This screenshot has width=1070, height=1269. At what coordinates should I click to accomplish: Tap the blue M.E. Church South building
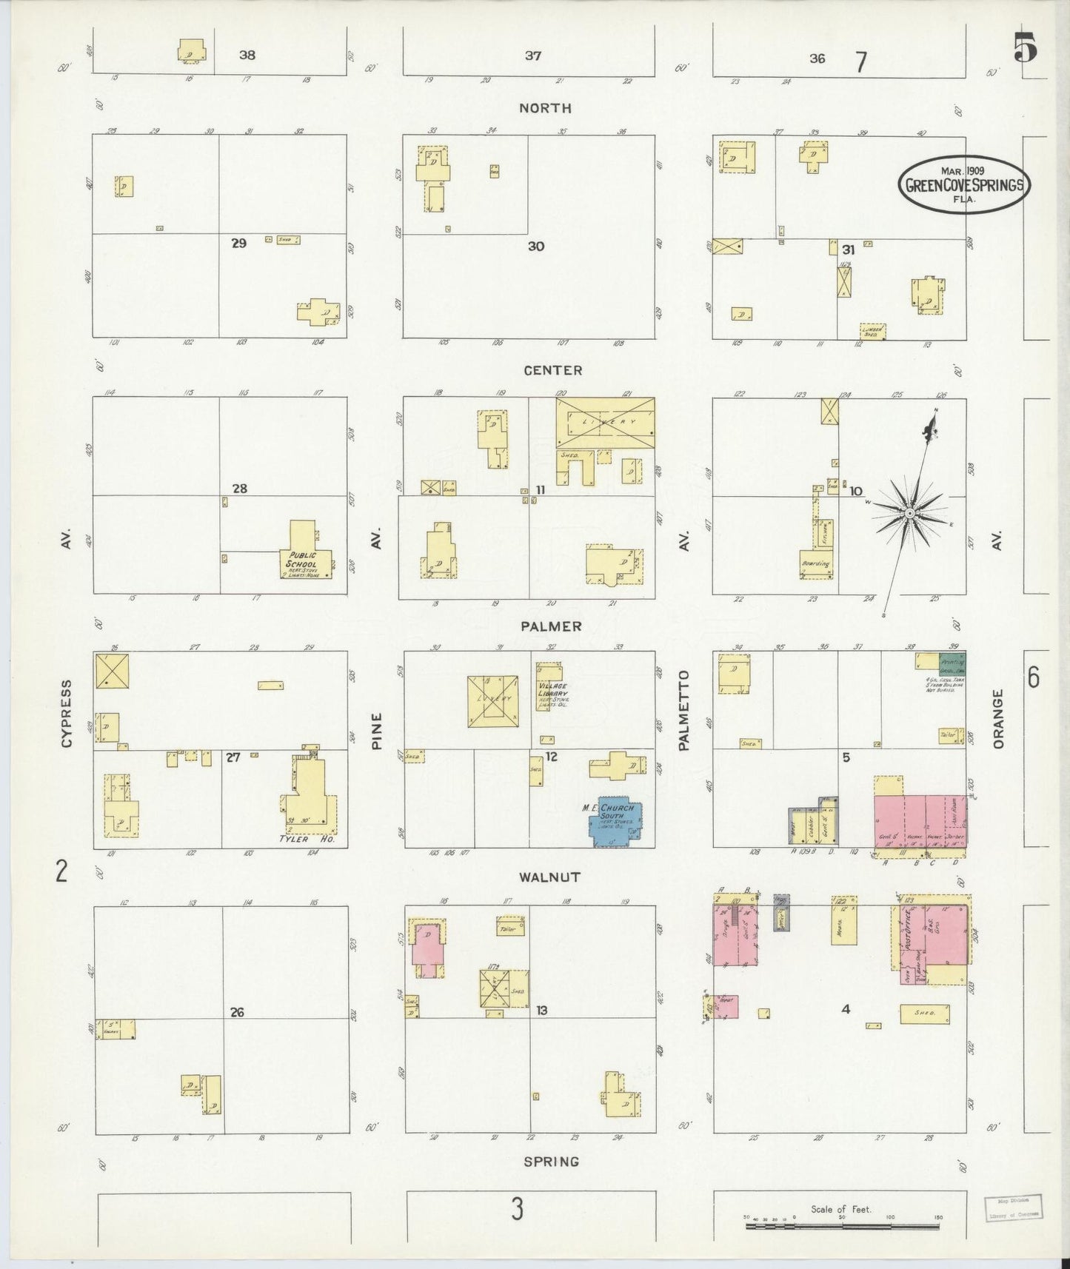click(615, 822)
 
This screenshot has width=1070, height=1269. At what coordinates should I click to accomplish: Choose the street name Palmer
click(550, 626)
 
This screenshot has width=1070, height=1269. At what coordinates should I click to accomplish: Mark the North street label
click(545, 108)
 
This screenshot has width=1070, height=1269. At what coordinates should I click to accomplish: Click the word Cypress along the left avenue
click(67, 713)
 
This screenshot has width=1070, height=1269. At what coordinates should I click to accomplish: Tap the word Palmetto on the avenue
click(683, 710)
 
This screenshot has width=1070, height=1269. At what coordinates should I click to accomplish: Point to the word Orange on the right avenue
click(998, 718)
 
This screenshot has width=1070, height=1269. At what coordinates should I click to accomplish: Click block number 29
click(238, 243)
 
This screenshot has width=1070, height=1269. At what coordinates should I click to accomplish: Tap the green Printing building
click(952, 661)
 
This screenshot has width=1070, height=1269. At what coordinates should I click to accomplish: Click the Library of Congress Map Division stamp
click(1012, 1208)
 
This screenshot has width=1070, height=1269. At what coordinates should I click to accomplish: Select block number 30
click(535, 246)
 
